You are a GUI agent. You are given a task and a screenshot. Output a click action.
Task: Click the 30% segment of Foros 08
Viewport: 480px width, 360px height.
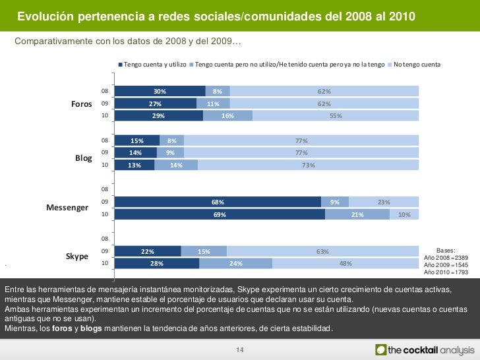pyautogui.click(x=159, y=92)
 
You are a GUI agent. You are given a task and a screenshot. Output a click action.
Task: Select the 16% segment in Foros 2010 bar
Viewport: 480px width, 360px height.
pyautogui.click(x=227, y=116)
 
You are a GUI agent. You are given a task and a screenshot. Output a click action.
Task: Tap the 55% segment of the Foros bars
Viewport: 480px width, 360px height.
pyautogui.click(x=336, y=116)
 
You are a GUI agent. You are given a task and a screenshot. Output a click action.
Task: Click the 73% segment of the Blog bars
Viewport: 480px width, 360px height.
pyautogui.click(x=308, y=165)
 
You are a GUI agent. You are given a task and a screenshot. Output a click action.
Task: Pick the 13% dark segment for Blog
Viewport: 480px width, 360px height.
pyautogui.click(x=135, y=165)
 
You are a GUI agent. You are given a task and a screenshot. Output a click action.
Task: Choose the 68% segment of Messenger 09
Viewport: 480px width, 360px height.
pyautogui.click(x=218, y=202)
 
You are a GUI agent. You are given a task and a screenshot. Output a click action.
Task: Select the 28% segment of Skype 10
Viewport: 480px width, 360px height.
pyautogui.click(x=156, y=264)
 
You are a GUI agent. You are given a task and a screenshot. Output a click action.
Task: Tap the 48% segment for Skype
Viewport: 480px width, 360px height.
pyautogui.click(x=345, y=264)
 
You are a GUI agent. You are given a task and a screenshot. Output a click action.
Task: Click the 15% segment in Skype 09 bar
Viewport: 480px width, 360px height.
pyautogui.click(x=204, y=251)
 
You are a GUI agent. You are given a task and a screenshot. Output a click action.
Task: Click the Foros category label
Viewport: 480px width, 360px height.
pyautogui.click(x=81, y=104)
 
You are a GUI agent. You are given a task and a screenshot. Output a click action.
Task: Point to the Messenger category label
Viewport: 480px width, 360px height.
pyautogui.click(x=67, y=208)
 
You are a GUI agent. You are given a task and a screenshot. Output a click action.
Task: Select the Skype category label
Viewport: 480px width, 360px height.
pyautogui.click(x=77, y=256)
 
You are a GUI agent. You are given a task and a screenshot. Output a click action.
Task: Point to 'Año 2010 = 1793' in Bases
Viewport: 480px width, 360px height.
pyautogui.click(x=446, y=272)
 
